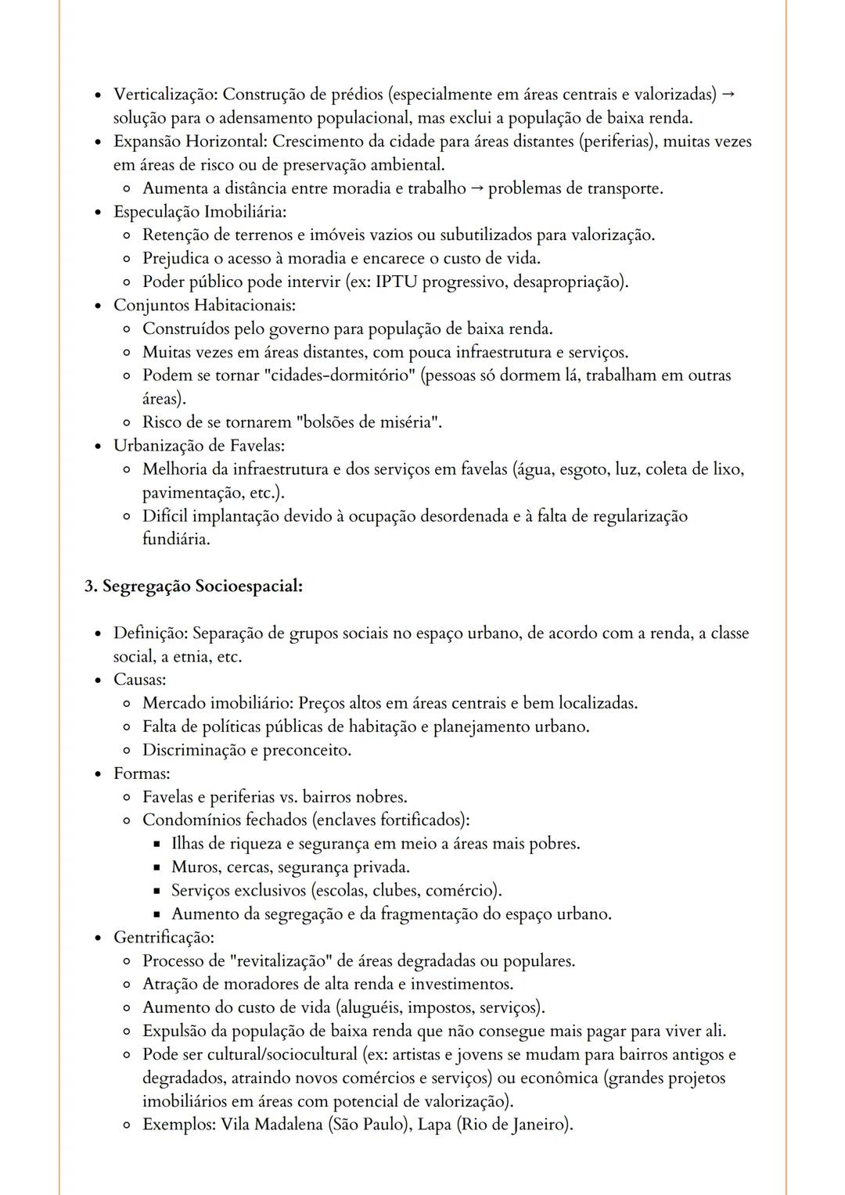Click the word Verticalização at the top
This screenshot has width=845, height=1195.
165,95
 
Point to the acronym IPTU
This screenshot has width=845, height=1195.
397,282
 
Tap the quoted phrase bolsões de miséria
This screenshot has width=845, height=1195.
372,422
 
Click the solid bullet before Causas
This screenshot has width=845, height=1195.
97,680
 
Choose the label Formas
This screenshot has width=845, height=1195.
141,774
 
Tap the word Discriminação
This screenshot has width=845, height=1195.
194,751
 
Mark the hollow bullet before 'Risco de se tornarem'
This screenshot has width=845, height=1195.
127,422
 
